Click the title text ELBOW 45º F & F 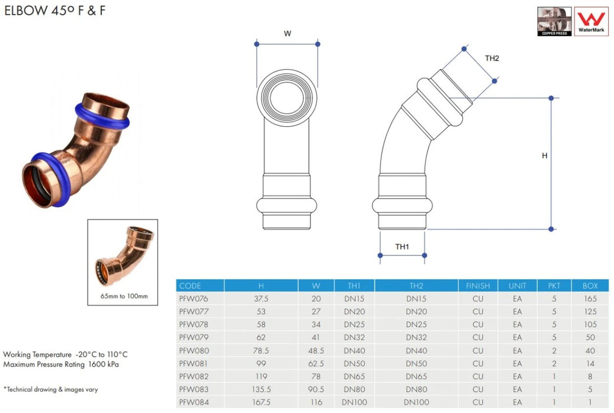click(55, 10)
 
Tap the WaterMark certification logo click(591, 21)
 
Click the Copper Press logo click(554, 21)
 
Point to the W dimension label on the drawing click(288, 34)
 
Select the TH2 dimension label click(492, 58)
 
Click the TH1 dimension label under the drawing click(402, 247)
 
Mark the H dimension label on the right click(544, 156)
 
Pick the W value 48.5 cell click(316, 350)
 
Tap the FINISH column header click(478, 286)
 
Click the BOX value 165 click(590, 299)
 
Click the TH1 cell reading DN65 click(354, 376)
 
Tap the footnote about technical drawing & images click(51, 389)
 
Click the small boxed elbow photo click(123, 257)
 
